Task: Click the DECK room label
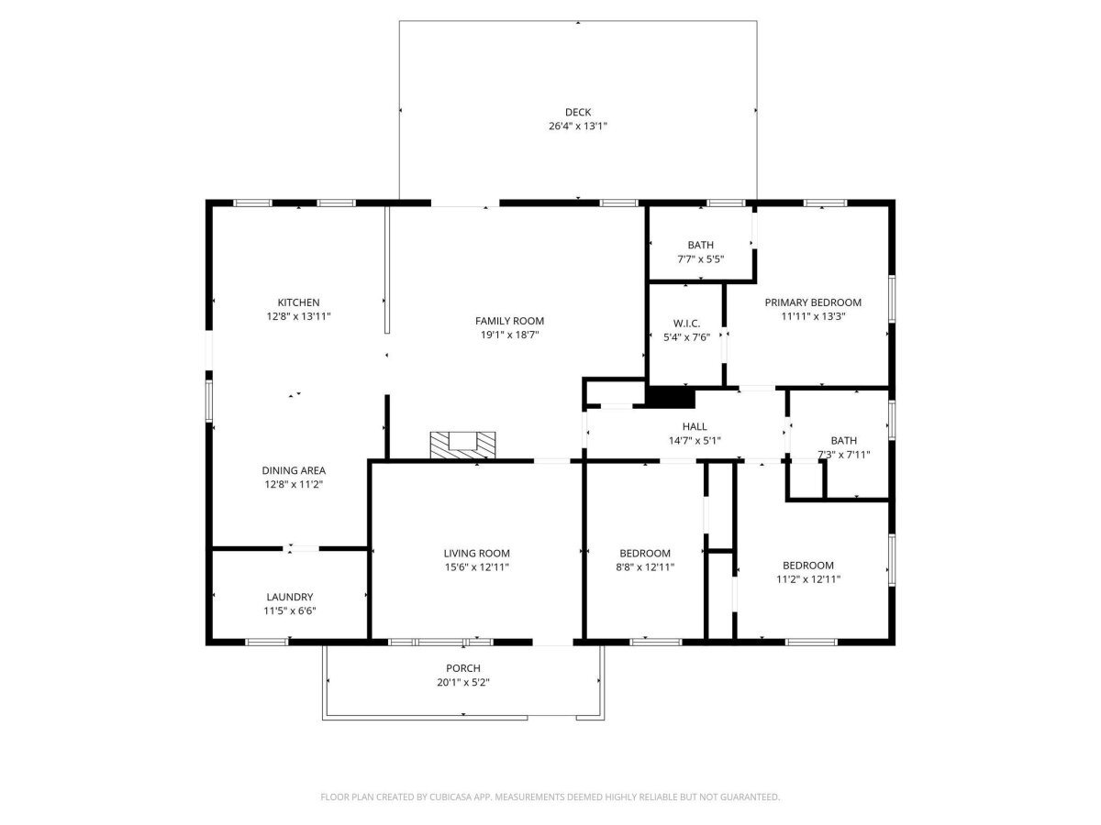(x=577, y=112)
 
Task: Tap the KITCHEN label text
(x=298, y=302)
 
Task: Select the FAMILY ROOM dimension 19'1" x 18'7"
(x=509, y=335)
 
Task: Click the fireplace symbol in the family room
(x=462, y=445)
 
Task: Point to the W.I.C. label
(x=686, y=324)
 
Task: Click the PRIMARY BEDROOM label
(x=813, y=302)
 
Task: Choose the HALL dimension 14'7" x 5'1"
(x=695, y=441)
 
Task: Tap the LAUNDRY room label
(x=289, y=597)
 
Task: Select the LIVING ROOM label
(x=476, y=554)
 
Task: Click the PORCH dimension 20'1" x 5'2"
(x=463, y=682)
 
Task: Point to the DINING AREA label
(x=294, y=470)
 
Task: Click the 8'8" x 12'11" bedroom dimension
(x=645, y=567)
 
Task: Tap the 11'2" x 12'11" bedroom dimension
(x=808, y=579)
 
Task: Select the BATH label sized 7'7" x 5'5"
(x=700, y=245)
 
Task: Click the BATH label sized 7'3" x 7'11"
(x=844, y=441)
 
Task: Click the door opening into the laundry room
(x=300, y=548)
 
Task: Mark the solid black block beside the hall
(x=670, y=397)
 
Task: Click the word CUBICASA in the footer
(x=450, y=797)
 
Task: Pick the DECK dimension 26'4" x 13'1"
(x=577, y=126)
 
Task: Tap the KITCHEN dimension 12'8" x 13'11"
(x=298, y=316)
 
